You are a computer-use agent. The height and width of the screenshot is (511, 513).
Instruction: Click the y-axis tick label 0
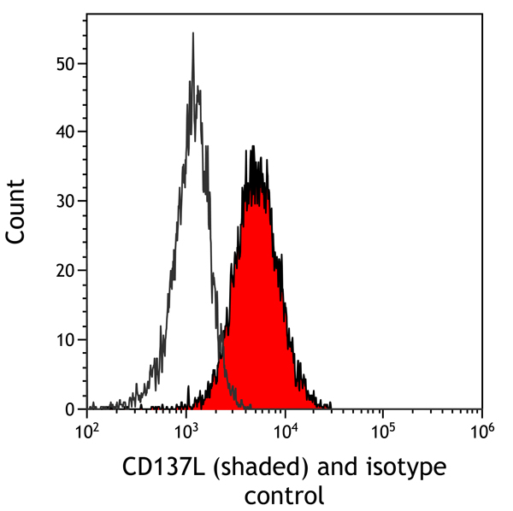tap(69, 409)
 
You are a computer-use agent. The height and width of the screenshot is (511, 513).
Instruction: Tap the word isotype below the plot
tap(406, 469)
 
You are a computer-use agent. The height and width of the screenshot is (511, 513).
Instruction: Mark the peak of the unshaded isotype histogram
tap(193, 34)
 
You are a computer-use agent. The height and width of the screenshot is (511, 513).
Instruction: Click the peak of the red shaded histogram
tap(253, 147)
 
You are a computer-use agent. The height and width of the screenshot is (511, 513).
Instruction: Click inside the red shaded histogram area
tap(256, 325)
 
